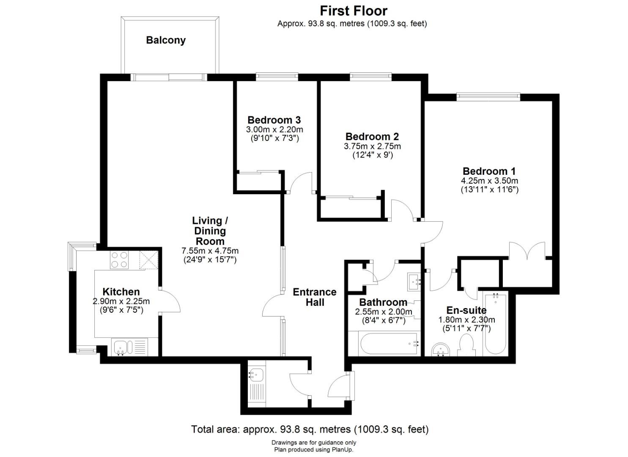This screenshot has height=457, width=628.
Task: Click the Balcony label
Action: [166, 40]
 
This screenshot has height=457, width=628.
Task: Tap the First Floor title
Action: [353, 10]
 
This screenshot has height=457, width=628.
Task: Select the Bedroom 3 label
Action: [274, 120]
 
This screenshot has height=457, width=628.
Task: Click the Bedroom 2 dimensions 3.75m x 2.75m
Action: [372, 146]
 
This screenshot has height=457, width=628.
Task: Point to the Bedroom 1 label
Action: [489, 171]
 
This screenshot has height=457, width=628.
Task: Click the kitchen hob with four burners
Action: [119, 260]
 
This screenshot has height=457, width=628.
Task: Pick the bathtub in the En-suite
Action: [495, 324]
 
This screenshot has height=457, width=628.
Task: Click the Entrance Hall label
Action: [315, 297]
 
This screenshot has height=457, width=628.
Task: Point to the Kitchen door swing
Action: [171, 301]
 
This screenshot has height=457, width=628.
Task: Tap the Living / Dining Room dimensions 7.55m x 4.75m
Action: [210, 251]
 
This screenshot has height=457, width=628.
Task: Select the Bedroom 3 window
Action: [277, 77]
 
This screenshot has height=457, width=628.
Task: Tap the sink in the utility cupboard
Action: [256, 374]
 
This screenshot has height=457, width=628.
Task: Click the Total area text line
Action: [310, 429]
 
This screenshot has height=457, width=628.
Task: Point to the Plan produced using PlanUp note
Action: [313, 450]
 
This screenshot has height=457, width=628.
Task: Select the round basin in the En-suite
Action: [442, 349]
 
